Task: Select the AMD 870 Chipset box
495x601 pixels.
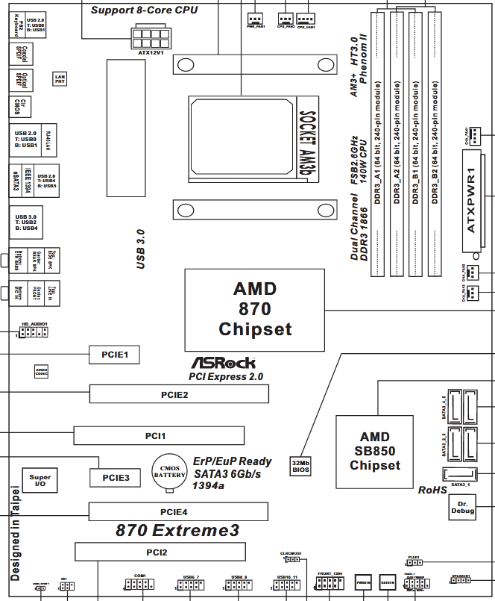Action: coord(255,308)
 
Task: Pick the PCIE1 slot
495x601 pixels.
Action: coord(115,355)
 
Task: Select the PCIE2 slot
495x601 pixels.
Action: coord(179,393)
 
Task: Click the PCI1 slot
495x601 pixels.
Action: coord(160,435)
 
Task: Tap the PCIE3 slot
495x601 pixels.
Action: coord(115,476)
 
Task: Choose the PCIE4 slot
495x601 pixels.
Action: coord(178,511)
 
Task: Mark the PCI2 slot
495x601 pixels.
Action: coord(160,552)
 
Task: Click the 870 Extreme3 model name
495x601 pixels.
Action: coord(177,531)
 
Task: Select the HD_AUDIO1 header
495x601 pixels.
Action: coord(34,331)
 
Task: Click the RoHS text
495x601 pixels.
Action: coord(432,491)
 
